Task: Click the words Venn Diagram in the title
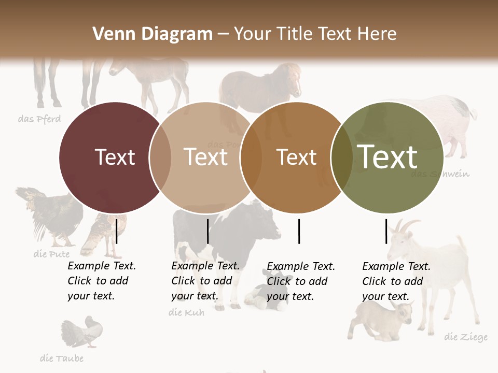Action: point(153,34)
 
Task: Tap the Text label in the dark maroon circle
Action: point(115,157)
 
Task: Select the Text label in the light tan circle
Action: point(206,157)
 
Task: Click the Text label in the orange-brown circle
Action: point(296,157)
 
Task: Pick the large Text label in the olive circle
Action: point(388,156)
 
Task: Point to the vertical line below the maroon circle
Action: point(117,231)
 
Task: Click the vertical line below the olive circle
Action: point(386,231)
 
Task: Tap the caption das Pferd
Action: point(39,119)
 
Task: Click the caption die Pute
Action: point(51,254)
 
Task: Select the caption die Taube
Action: point(62,358)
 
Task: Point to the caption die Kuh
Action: point(187,312)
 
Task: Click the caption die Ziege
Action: point(466,337)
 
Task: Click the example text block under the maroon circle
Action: point(101,281)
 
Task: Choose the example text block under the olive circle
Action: point(396,281)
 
